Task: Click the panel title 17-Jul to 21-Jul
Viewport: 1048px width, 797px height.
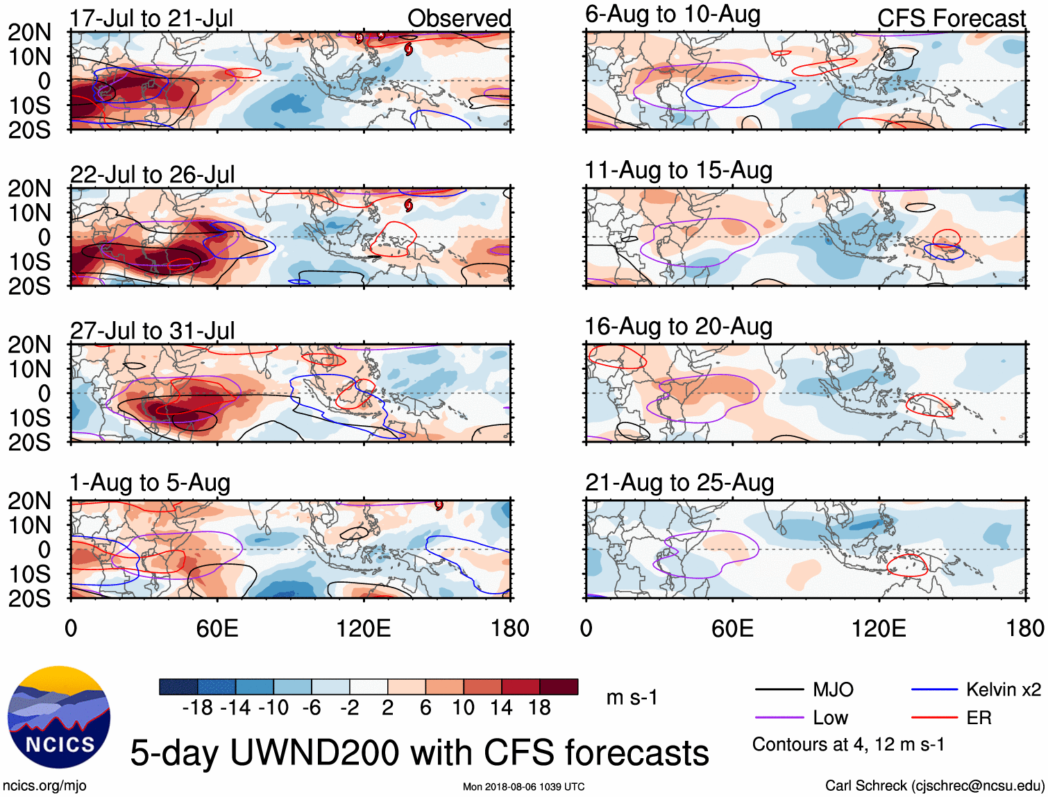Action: (151, 18)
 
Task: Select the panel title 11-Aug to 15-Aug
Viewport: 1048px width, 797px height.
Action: (678, 170)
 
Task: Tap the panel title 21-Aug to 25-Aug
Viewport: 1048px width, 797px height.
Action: (679, 482)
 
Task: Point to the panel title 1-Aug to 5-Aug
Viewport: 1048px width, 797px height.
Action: (150, 482)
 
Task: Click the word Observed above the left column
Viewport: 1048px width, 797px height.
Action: (459, 18)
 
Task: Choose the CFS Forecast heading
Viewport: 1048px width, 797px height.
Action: (951, 18)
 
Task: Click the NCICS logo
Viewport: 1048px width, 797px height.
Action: (59, 717)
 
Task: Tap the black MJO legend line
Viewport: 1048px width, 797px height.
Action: (779, 689)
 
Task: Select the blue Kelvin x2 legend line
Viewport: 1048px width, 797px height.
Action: (934, 689)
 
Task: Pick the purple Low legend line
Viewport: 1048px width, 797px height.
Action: (779, 718)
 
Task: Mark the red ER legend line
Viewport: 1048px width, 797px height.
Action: (934, 718)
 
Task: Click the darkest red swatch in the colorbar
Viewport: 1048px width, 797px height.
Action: (559, 687)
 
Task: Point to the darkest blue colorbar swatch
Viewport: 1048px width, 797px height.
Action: (178, 687)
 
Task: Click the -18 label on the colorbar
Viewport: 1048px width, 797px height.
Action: (197, 708)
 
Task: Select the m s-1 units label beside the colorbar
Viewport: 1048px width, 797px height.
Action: (632, 697)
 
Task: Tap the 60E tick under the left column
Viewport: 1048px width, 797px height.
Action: (217, 628)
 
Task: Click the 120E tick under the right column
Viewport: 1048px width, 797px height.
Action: (878, 628)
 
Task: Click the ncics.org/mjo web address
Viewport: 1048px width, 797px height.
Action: (44, 785)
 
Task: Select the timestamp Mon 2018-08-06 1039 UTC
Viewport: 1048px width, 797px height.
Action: (523, 787)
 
